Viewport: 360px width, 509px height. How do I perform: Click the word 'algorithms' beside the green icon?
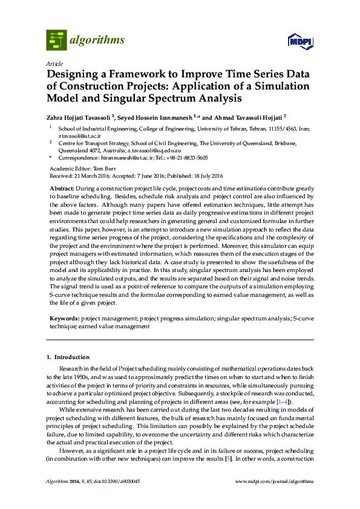97,41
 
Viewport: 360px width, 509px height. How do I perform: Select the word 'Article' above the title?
54,63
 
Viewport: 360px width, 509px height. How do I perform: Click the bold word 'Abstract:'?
62,189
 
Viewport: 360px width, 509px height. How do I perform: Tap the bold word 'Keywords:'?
64,317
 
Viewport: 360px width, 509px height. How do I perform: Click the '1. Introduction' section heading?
68,357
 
